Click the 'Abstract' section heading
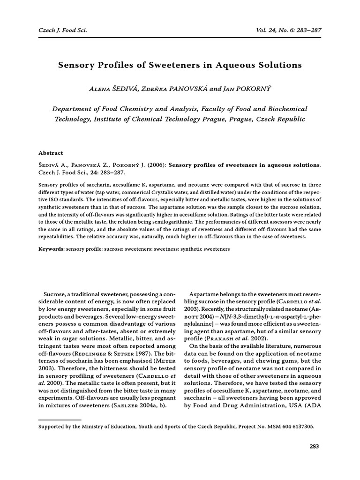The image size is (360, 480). point(51,153)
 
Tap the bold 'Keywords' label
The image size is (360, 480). point(51,249)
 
